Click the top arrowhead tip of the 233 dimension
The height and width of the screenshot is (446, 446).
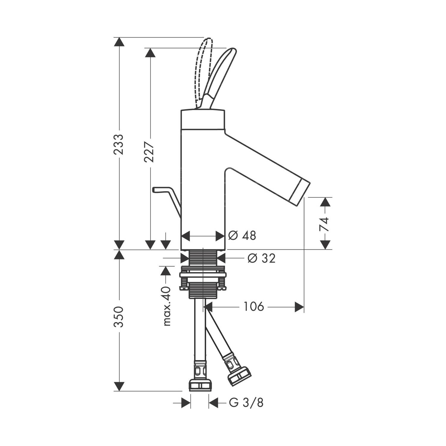120,37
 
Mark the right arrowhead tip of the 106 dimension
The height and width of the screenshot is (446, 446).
304,307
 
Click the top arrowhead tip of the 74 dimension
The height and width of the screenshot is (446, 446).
326,197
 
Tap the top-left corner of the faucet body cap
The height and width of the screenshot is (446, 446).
181,111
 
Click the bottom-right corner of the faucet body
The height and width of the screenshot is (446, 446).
225,249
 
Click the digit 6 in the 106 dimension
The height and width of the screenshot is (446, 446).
260,306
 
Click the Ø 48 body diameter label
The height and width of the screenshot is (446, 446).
242,236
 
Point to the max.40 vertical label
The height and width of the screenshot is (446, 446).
167,306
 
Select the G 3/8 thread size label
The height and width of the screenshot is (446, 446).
246,403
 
